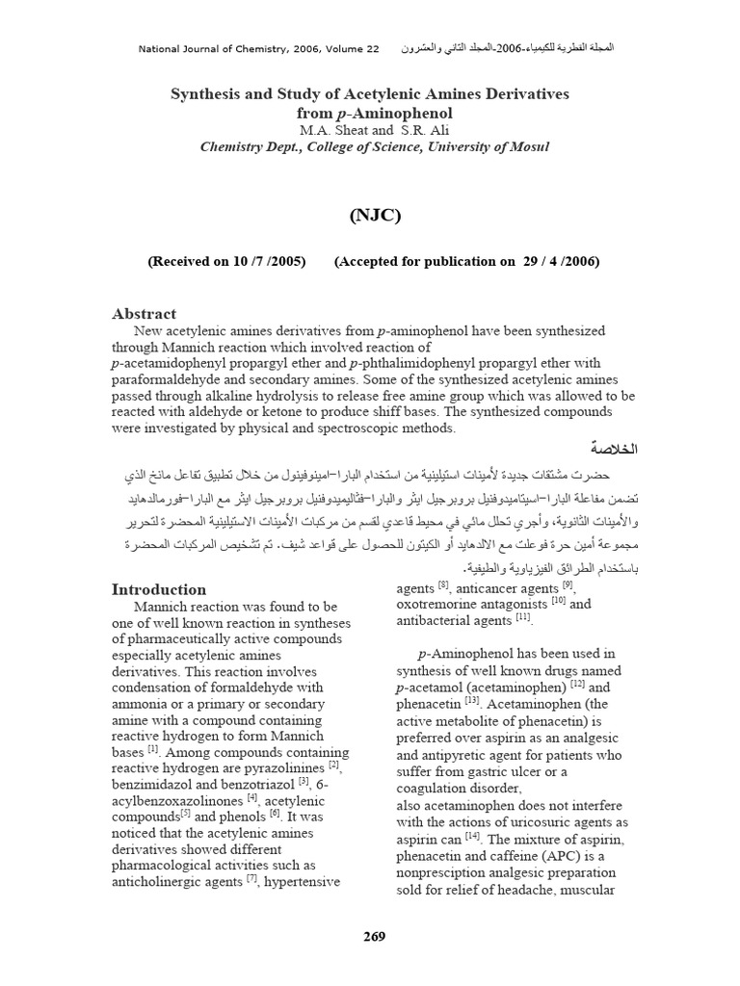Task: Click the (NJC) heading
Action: pyautogui.click(x=371, y=215)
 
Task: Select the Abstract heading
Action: pyautogui.click(x=145, y=313)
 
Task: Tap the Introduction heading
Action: pyautogui.click(x=159, y=589)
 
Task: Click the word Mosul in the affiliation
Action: pyautogui.click(x=527, y=146)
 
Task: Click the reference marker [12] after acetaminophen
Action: pyautogui.click(x=577, y=685)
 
